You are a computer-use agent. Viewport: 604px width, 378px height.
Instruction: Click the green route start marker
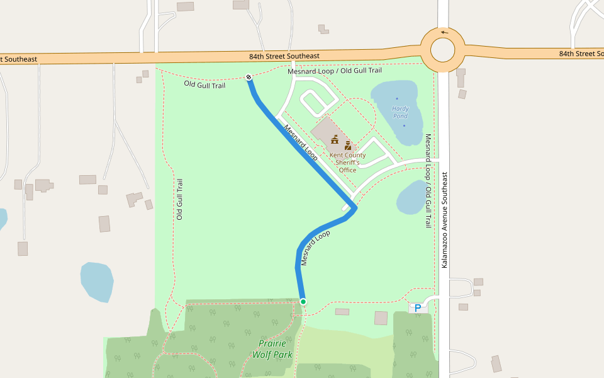tap(303, 302)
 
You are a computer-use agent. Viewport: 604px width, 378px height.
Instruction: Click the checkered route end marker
tap(249, 77)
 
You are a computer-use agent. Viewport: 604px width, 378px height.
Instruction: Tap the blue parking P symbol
tap(417, 309)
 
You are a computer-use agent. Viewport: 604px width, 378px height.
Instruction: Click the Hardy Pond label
tap(400, 112)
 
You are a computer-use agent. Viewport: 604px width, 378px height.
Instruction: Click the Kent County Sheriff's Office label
tap(347, 163)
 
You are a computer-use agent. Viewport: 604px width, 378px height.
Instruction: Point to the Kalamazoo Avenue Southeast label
tap(444, 220)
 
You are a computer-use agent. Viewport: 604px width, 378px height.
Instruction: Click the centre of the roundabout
tap(443, 49)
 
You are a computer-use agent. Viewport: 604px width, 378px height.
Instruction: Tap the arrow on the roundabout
tap(445, 32)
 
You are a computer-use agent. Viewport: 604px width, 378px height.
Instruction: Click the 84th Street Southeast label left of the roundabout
tap(284, 56)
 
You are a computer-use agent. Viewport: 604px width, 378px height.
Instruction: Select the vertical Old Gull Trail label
tap(179, 199)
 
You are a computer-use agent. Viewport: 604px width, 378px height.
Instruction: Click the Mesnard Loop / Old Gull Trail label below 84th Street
tap(335, 71)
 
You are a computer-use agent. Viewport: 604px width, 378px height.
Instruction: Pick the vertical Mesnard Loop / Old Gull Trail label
tap(428, 180)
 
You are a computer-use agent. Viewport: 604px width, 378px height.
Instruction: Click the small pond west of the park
tap(97, 282)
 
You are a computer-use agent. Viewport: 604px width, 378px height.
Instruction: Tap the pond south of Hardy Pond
tap(412, 197)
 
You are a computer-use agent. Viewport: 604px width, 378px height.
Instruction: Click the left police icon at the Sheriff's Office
tap(335, 139)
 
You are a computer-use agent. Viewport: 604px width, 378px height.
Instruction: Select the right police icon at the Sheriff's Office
tap(347, 145)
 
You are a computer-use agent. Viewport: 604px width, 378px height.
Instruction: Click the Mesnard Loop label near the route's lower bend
tap(315, 248)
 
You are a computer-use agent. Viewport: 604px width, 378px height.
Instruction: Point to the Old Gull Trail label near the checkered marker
tap(204, 84)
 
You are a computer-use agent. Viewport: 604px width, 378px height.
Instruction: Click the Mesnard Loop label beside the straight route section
tap(301, 142)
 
